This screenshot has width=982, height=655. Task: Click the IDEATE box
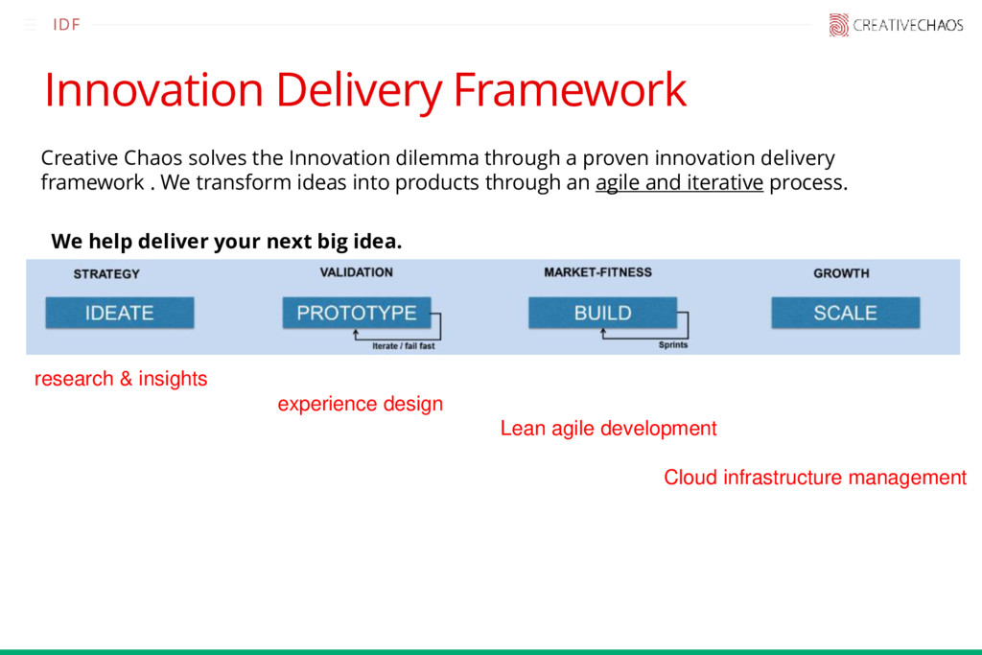click(x=119, y=313)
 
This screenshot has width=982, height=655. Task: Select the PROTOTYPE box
click(x=356, y=313)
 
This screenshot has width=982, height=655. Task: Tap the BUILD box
click(x=602, y=313)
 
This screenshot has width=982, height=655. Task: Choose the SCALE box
click(x=845, y=313)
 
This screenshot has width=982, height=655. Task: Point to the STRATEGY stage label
click(x=106, y=274)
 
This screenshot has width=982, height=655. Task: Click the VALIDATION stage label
click(x=356, y=272)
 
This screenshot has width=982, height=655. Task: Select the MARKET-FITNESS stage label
click(x=597, y=272)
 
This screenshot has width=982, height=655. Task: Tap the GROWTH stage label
click(x=841, y=273)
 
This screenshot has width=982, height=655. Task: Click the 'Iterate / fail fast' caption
click(x=403, y=346)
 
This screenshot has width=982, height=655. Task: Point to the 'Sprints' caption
click(x=672, y=345)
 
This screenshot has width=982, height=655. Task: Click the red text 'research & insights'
click(x=121, y=379)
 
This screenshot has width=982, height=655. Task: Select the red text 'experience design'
click(x=361, y=404)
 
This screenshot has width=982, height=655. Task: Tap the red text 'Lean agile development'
click(x=608, y=429)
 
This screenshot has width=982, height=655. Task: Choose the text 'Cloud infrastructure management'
click(x=815, y=478)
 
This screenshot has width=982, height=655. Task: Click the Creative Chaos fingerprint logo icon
click(x=838, y=25)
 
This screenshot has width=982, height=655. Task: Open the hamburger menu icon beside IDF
click(x=31, y=25)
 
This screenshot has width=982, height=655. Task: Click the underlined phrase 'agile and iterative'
click(x=679, y=183)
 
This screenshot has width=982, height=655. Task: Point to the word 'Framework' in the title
click(x=570, y=91)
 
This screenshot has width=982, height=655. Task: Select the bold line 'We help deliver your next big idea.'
click(x=226, y=241)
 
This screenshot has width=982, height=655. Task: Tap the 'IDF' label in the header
click(x=66, y=25)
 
